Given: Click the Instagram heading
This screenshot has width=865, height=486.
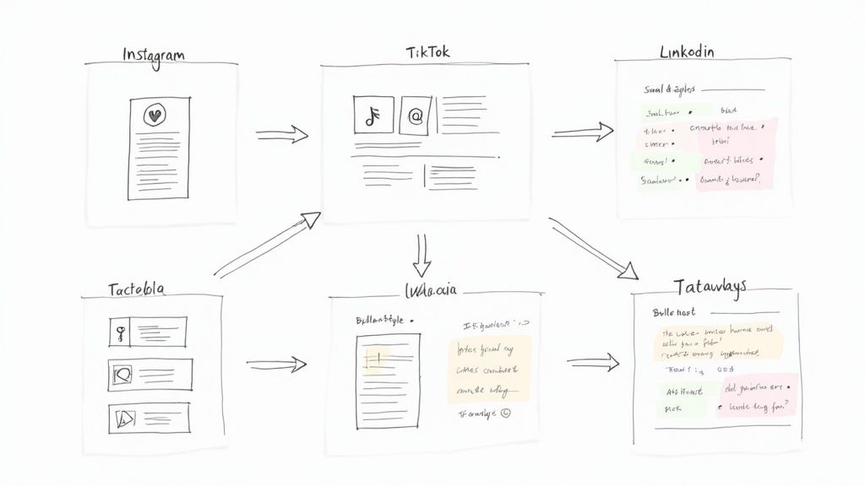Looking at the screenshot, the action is click(154, 55).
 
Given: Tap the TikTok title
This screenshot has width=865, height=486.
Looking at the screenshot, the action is click(428, 51).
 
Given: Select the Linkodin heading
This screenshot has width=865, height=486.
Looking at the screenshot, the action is click(686, 52).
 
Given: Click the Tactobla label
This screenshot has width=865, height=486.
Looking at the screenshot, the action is click(136, 289).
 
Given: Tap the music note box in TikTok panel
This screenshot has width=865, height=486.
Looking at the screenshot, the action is click(373, 115).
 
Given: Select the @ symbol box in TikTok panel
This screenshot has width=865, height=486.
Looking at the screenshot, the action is click(415, 116).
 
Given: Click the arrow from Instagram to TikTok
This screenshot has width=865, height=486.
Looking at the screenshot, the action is click(282, 134).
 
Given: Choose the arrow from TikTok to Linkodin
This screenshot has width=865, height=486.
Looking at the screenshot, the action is click(583, 132).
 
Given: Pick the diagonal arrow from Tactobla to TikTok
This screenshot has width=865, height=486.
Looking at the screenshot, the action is click(267, 246).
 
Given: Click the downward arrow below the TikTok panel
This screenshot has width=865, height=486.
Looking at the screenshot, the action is click(422, 253).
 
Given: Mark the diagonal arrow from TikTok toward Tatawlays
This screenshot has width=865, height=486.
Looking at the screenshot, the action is click(593, 248).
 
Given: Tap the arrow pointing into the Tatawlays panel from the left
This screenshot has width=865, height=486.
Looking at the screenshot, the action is click(593, 363).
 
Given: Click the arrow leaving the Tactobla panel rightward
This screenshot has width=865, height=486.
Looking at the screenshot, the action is click(276, 364).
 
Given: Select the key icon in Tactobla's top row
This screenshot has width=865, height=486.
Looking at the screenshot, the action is click(122, 332).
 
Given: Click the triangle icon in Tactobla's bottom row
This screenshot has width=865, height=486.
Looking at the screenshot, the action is click(122, 417).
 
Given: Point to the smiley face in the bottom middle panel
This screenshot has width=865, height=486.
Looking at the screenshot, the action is click(505, 413).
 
